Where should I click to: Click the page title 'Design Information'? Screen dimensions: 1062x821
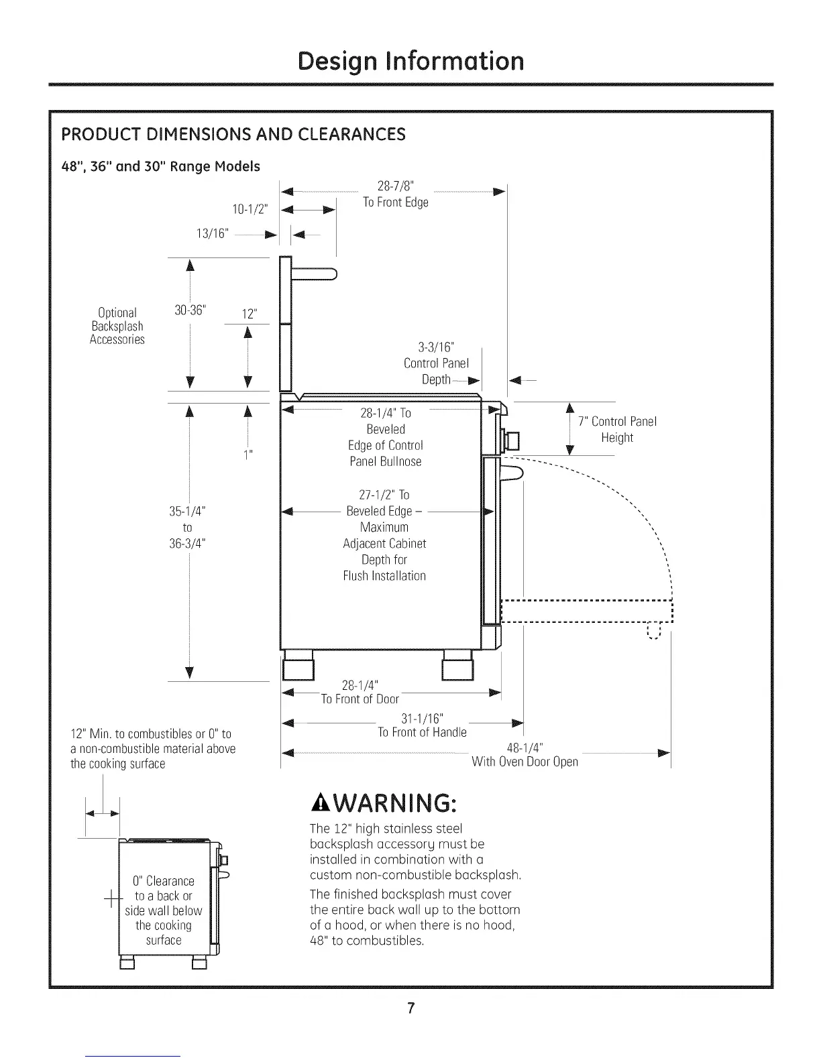[410, 61]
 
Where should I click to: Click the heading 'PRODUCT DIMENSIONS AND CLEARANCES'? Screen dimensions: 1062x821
[233, 134]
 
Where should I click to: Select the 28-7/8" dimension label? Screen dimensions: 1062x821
[396, 186]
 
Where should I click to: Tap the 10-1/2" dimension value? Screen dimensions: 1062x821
[250, 209]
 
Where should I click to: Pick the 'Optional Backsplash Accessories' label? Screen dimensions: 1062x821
[117, 326]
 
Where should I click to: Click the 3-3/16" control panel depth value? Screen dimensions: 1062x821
[436, 347]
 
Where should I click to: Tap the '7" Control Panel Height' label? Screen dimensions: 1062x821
[617, 429]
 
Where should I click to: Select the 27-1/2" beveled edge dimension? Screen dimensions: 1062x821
[384, 495]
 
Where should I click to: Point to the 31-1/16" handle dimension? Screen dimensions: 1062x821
[423, 719]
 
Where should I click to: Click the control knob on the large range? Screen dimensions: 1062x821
[512, 440]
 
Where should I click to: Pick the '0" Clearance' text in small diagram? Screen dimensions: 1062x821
[164, 880]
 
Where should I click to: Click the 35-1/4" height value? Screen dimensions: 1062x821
[187, 512]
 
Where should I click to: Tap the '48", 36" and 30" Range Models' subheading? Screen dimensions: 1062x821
[161, 166]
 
